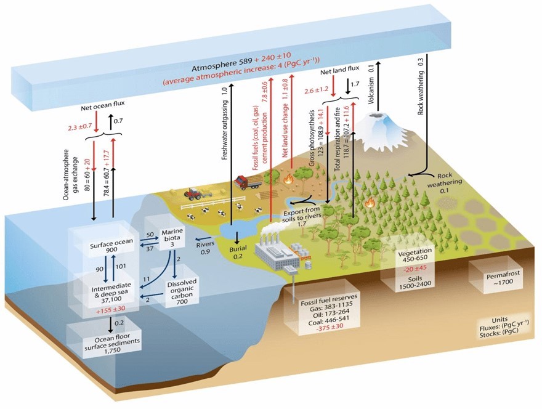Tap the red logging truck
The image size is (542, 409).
(x=250, y=182)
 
